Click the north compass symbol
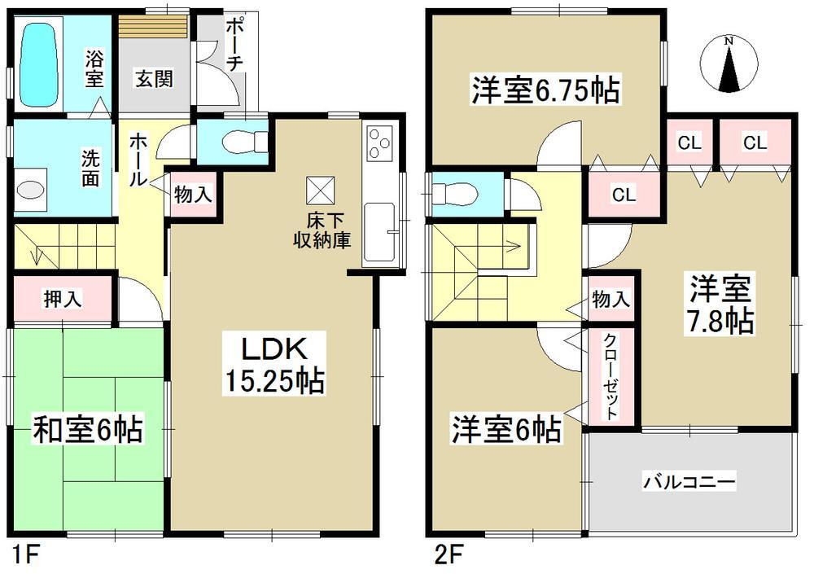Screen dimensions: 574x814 pos(731,64)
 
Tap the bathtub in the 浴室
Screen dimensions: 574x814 pos(41,64)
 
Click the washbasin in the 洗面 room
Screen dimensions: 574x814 pos(30,190)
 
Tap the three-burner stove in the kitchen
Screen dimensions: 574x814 pos(379,144)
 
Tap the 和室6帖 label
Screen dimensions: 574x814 pos(87,428)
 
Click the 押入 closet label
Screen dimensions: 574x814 pos(61,300)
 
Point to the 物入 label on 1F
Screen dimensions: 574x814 pos(194,195)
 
